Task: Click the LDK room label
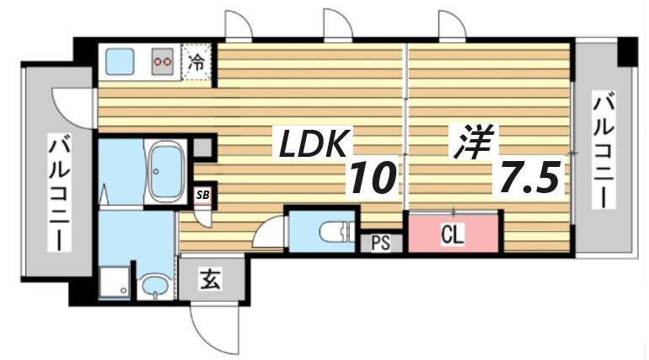pos(311,146)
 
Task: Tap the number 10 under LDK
pos(372,178)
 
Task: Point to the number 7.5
pos(529,178)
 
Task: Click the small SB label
pos(203,195)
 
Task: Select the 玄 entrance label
pos(211,279)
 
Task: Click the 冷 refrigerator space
pos(196,62)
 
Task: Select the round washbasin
pos(154,287)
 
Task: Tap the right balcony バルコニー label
pos(603,151)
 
